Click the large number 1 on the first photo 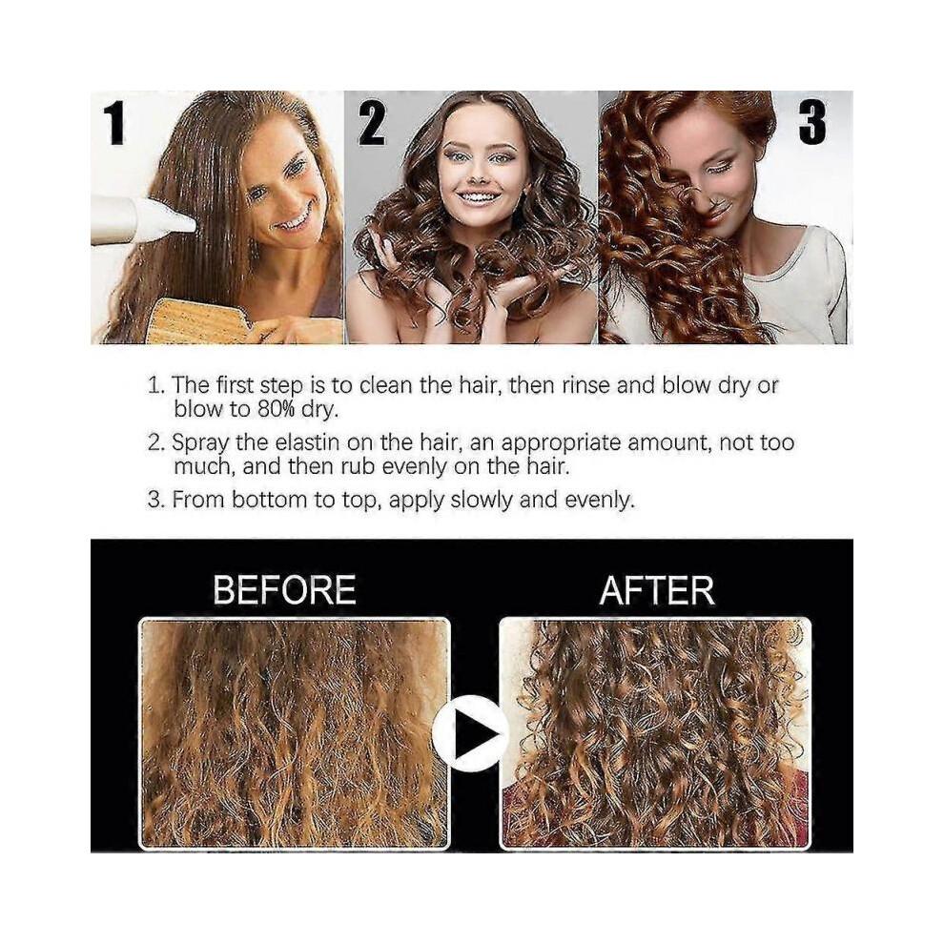(114, 124)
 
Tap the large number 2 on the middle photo (371, 124)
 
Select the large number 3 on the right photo (811, 124)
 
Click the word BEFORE (284, 590)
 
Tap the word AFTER (657, 590)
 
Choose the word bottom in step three (263, 500)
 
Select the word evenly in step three (599, 500)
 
